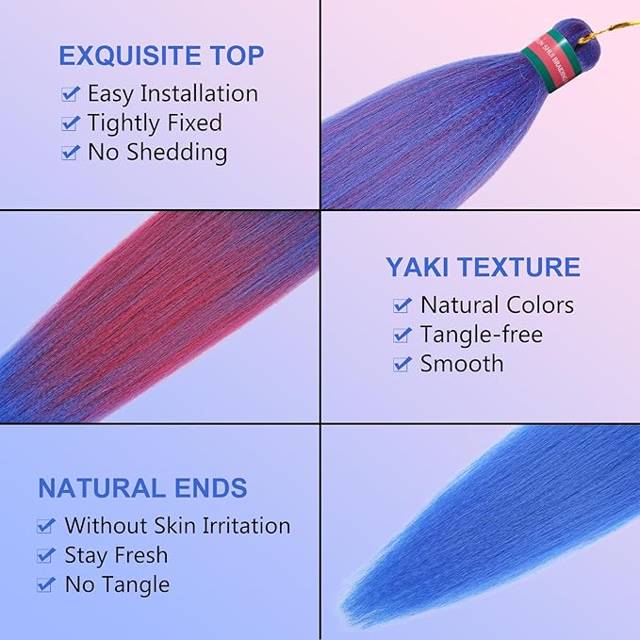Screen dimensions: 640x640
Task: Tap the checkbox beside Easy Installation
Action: pyautogui.click(x=70, y=94)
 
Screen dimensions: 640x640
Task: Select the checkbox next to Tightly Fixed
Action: pyautogui.click(x=70, y=123)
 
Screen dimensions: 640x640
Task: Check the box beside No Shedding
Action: pyautogui.click(x=70, y=153)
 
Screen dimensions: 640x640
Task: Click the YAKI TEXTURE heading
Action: pyautogui.click(x=483, y=267)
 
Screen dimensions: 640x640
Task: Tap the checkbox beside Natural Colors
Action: pyautogui.click(x=402, y=305)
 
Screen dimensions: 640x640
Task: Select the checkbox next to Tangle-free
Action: pyautogui.click(x=402, y=335)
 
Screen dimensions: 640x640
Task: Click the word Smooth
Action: pyautogui.click(x=462, y=363)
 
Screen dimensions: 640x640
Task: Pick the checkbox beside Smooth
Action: pyautogui.click(x=402, y=364)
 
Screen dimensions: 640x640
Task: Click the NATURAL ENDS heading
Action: pyautogui.click(x=142, y=488)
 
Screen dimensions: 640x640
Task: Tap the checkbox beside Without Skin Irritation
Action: pyautogui.click(x=46, y=526)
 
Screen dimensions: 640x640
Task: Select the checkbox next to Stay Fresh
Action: pyautogui.click(x=46, y=555)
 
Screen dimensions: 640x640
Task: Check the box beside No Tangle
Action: pyautogui.click(x=46, y=584)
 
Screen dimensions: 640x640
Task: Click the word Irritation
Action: pyautogui.click(x=241, y=525)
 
